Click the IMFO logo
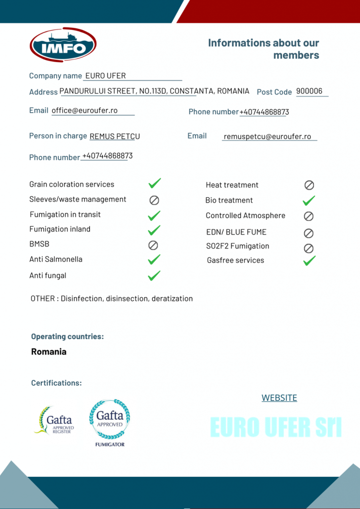(x=63, y=45)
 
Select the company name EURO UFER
(x=105, y=76)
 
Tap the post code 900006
(x=309, y=91)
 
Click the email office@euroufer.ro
(x=85, y=110)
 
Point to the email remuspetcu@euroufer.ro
(x=268, y=136)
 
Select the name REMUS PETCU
(x=115, y=136)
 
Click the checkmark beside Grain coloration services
(x=155, y=184)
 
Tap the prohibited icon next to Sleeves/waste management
(x=154, y=200)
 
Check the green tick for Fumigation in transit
(x=155, y=215)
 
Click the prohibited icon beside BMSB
(x=154, y=245)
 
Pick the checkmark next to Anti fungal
(x=155, y=275)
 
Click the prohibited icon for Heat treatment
(x=309, y=185)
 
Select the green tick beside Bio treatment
(x=309, y=201)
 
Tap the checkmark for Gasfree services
(x=309, y=260)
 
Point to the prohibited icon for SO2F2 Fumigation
(x=309, y=248)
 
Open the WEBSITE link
(x=279, y=398)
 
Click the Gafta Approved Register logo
(x=54, y=421)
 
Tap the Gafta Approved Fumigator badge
(x=110, y=422)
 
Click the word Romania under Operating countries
(x=49, y=352)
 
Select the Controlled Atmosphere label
(x=246, y=216)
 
